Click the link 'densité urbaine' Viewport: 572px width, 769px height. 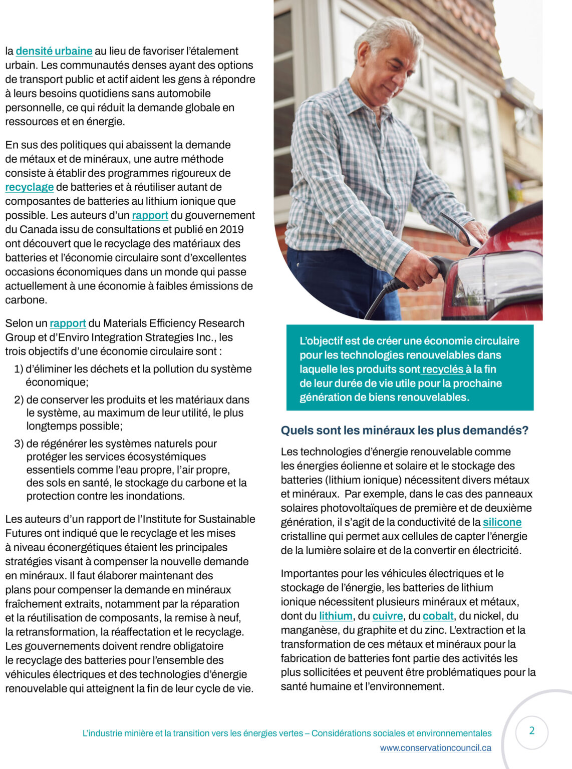click(x=54, y=51)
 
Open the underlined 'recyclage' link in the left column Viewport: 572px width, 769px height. click(x=30, y=187)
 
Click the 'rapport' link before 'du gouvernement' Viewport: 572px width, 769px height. click(x=150, y=215)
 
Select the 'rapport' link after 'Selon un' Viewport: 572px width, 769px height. click(x=68, y=323)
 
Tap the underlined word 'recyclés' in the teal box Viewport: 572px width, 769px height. click(x=443, y=369)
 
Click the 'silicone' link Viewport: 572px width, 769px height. click(x=502, y=522)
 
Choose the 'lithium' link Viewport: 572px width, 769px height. click(x=336, y=616)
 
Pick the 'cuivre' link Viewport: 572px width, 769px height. click(x=387, y=616)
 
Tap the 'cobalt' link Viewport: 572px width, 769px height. click(x=438, y=616)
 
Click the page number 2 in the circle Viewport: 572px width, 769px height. click(x=531, y=731)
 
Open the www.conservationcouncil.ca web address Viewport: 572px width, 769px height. click(x=435, y=748)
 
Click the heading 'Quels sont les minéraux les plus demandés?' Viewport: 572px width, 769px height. click(x=404, y=431)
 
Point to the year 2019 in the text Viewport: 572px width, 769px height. click(x=232, y=230)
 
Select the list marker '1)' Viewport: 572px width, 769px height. click(x=19, y=369)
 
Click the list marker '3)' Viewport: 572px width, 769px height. click(x=19, y=444)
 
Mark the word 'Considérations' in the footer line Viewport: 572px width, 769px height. click(x=338, y=733)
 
